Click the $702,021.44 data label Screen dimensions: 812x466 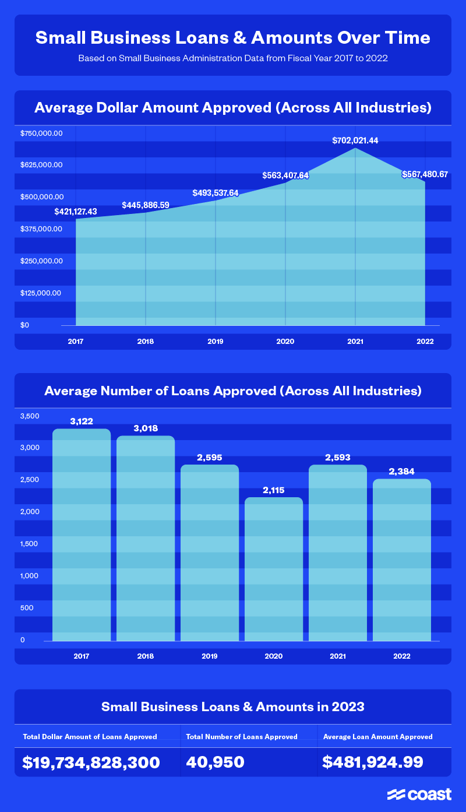point(355,140)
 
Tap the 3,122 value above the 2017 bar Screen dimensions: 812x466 point(82,421)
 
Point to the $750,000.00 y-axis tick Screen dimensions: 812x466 point(41,133)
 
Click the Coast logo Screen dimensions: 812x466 point(419,795)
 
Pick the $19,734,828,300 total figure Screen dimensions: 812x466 point(91,762)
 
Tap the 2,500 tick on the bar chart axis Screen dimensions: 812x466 point(29,480)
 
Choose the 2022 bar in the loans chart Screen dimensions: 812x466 point(402,560)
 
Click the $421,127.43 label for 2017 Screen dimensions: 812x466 point(76,211)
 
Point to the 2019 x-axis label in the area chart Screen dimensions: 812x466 point(216,341)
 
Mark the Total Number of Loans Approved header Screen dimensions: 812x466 point(242,736)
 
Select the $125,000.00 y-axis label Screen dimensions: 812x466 point(41,293)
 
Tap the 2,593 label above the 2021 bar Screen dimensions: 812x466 point(338,458)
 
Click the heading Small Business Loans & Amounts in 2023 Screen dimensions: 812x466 point(233,706)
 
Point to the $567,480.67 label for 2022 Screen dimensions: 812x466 point(425,174)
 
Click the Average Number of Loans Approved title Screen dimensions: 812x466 point(233,391)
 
